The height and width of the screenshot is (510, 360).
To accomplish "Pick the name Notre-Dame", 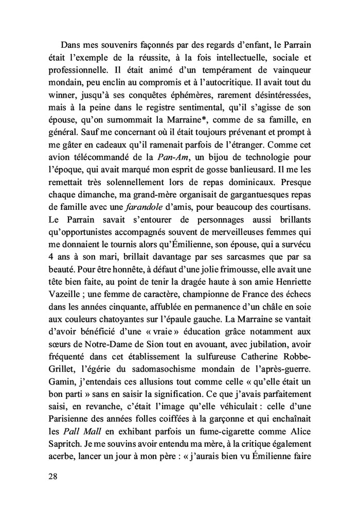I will point(96,341).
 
